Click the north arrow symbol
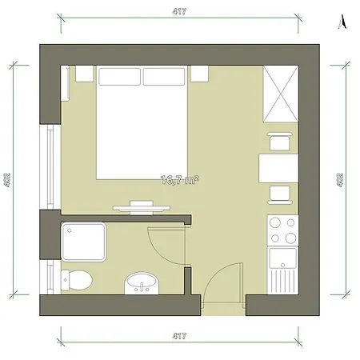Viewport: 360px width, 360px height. (x=342, y=22)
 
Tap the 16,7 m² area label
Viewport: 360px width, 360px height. (x=180, y=180)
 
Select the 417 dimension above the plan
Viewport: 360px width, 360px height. (x=179, y=11)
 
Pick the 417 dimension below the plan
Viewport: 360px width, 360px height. (x=179, y=336)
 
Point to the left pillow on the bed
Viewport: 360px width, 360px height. (x=119, y=77)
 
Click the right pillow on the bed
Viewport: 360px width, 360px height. (x=164, y=77)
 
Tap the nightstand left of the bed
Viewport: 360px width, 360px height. (x=85, y=74)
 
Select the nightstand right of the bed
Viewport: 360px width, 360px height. (x=199, y=74)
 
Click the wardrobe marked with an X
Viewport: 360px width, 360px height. (x=281, y=94)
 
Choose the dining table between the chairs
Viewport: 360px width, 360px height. (x=278, y=168)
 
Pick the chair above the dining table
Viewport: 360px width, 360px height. (x=279, y=142)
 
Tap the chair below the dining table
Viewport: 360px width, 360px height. (x=279, y=195)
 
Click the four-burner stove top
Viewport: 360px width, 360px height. (x=283, y=230)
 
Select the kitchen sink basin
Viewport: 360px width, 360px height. (x=283, y=258)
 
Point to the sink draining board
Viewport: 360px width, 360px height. (x=283, y=282)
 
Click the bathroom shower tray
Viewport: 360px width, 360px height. (x=84, y=242)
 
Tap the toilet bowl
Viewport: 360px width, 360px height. (x=77, y=280)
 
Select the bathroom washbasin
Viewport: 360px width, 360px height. (x=142, y=283)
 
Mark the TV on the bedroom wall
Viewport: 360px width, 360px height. (x=142, y=207)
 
